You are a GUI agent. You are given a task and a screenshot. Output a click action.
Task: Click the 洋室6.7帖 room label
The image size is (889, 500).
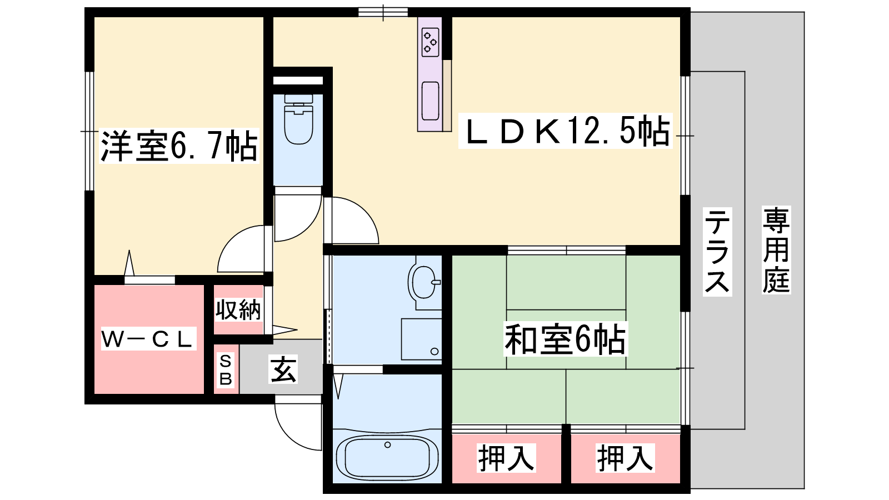[x=179, y=146]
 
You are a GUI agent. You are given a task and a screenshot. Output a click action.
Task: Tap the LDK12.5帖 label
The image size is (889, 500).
[x=565, y=131]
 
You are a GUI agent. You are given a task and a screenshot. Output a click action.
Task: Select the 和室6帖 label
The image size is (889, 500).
[x=565, y=339]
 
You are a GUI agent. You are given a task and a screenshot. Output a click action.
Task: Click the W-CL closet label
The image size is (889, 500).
[x=148, y=338]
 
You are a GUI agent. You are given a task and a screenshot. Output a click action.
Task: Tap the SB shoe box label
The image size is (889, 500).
[x=226, y=370]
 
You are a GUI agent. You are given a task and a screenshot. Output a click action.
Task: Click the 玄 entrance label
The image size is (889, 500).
[x=283, y=369]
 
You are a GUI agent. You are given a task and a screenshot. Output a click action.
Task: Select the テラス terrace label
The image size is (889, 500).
[x=717, y=252]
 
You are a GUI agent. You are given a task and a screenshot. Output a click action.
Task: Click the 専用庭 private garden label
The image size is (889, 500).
[x=776, y=249]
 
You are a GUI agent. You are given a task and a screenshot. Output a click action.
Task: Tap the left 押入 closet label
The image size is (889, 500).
[x=506, y=458]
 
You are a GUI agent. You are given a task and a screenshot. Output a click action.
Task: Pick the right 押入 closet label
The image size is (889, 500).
[x=625, y=458]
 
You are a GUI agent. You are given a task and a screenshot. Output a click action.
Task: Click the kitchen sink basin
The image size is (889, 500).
[x=430, y=101]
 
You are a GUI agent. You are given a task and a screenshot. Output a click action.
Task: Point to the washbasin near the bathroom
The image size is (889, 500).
[x=424, y=283]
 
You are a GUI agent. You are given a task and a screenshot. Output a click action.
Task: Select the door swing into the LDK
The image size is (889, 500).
[x=364, y=211]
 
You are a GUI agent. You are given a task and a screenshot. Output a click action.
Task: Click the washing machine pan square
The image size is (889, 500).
[x=422, y=339]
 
